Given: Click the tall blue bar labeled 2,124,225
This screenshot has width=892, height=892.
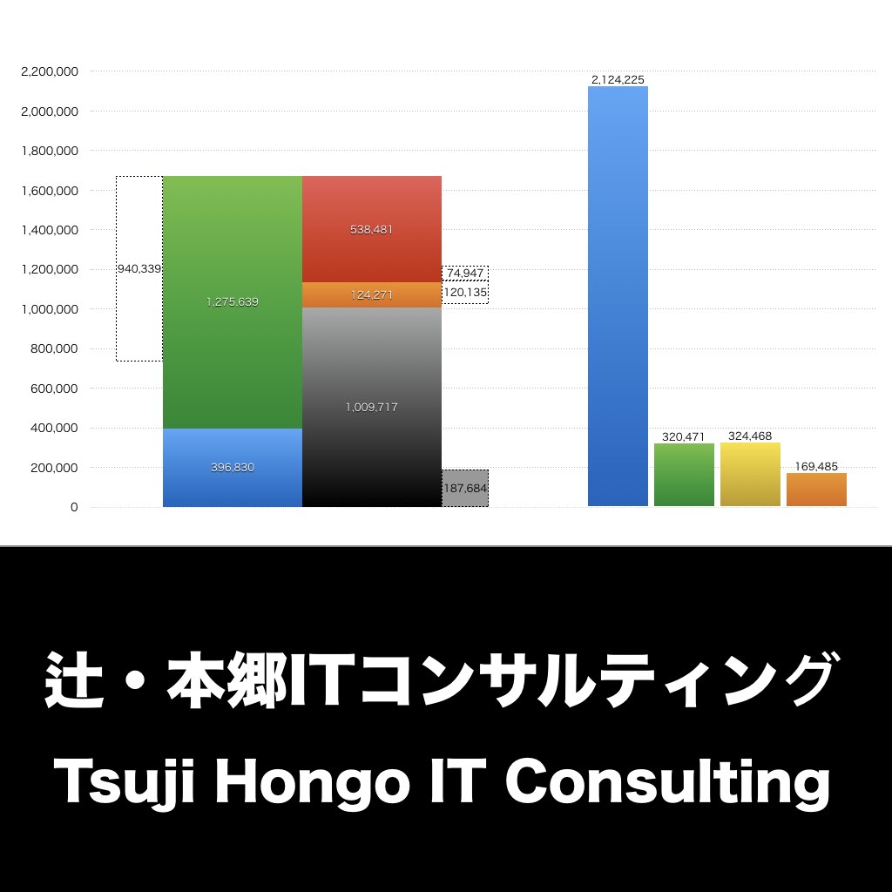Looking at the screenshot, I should [x=618, y=296].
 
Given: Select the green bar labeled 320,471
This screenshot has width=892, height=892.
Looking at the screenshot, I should [x=684, y=475].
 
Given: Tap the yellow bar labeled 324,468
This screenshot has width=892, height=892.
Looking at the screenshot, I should [x=750, y=475].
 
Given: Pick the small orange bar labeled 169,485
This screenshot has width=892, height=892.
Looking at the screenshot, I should [x=816, y=490].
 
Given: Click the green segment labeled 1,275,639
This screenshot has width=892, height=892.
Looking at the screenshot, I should [x=232, y=302].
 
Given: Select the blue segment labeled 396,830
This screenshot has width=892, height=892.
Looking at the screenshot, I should [x=232, y=468].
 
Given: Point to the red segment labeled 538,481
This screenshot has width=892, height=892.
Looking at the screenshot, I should [x=372, y=229].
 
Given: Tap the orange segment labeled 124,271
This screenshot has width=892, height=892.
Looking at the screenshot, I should [x=372, y=294].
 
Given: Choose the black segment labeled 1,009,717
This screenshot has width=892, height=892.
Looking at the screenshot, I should [x=372, y=407].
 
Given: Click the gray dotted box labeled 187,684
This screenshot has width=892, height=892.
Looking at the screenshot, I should [x=465, y=489].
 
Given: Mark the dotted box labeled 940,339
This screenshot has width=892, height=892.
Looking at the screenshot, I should [x=139, y=269].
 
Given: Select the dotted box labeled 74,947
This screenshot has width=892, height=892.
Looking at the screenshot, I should [x=465, y=273].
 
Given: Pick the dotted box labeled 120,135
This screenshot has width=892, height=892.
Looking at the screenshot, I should [x=465, y=292].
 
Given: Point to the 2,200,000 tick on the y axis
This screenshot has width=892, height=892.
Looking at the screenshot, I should [x=50, y=71].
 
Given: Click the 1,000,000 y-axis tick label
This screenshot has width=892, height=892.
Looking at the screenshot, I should [x=50, y=309].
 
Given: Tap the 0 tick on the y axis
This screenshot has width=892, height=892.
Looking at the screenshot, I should [x=74, y=507].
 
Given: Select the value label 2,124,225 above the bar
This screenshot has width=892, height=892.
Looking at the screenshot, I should [x=618, y=79].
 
